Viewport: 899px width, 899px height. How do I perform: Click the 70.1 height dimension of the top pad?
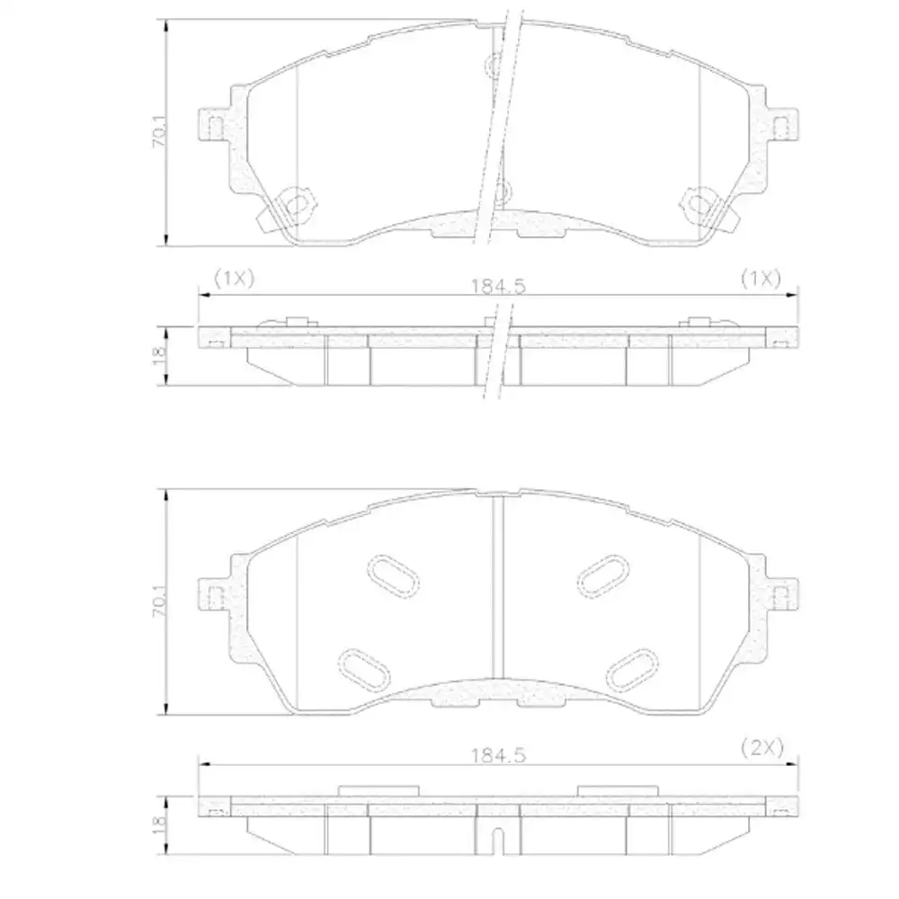click(158, 133)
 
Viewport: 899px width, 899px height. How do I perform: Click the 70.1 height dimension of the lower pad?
click(158, 601)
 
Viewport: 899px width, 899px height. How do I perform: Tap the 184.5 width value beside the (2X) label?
click(497, 755)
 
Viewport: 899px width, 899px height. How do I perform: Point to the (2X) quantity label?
click(762, 746)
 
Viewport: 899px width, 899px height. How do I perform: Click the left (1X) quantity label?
click(233, 278)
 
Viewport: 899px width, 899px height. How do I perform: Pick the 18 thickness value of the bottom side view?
click(159, 823)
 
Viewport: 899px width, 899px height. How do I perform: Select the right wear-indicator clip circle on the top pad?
click(700, 204)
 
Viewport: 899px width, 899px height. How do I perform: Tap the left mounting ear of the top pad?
click(213, 128)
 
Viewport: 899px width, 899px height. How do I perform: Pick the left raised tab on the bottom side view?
click(378, 790)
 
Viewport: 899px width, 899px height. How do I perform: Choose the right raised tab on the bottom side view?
click(618, 790)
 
